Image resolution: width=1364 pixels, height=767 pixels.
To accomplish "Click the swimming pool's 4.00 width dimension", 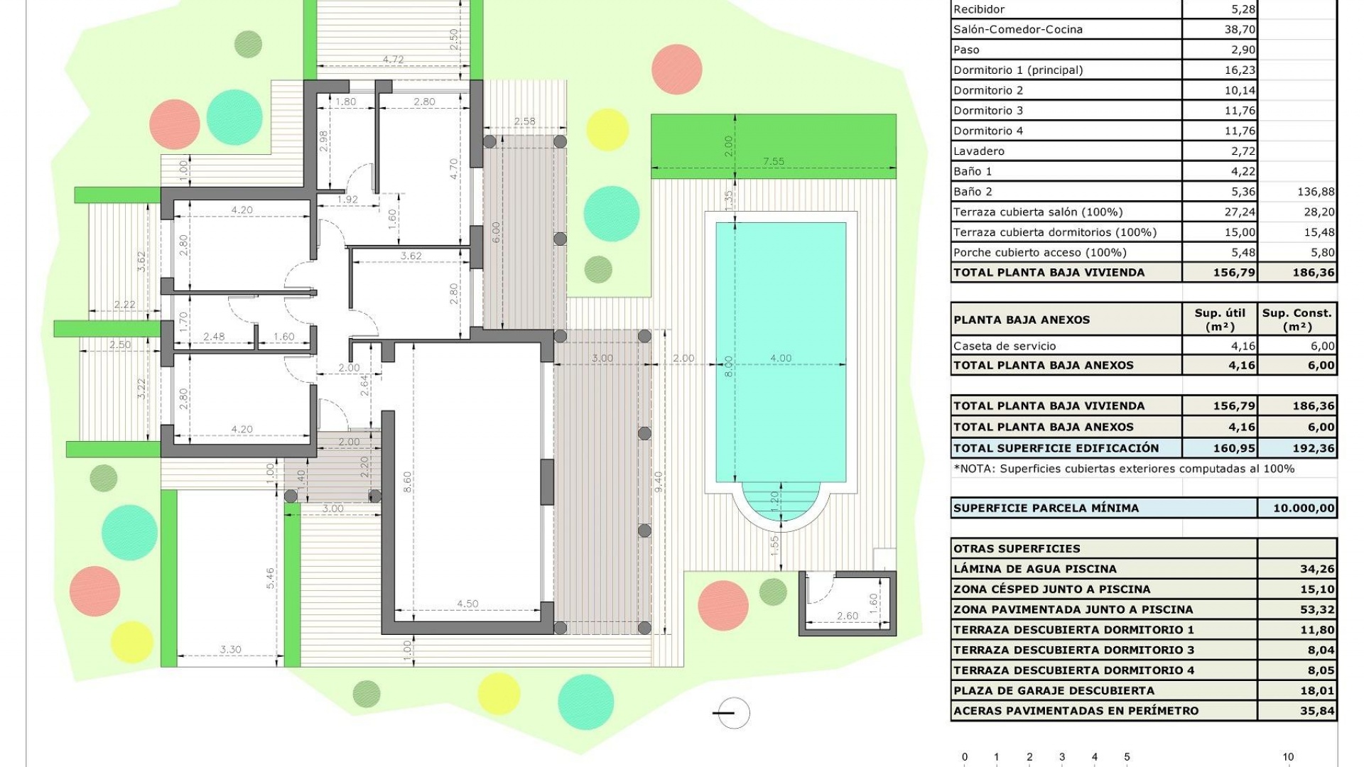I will pyautogui.click(x=780, y=358).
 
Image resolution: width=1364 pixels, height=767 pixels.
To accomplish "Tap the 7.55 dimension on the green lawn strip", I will pyautogui.click(x=773, y=161).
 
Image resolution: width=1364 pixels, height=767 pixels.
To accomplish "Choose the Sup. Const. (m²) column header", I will pyautogui.click(x=1297, y=320).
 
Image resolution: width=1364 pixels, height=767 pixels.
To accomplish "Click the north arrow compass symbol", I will pyautogui.click(x=732, y=713).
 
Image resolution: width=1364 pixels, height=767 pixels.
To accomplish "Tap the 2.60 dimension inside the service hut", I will pyautogui.click(x=847, y=616).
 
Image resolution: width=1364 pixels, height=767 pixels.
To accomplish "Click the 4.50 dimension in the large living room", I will pyautogui.click(x=467, y=604).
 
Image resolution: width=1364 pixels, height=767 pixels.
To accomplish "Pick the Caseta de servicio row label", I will pyautogui.click(x=1004, y=346).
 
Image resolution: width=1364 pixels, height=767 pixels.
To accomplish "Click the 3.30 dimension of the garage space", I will pyautogui.click(x=230, y=649).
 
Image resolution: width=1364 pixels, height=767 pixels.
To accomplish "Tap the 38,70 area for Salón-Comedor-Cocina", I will pyautogui.click(x=1239, y=29).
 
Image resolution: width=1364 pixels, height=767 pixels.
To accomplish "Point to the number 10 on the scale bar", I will pyautogui.click(x=1287, y=757).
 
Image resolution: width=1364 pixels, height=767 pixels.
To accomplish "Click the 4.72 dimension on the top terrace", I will pyautogui.click(x=393, y=60).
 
